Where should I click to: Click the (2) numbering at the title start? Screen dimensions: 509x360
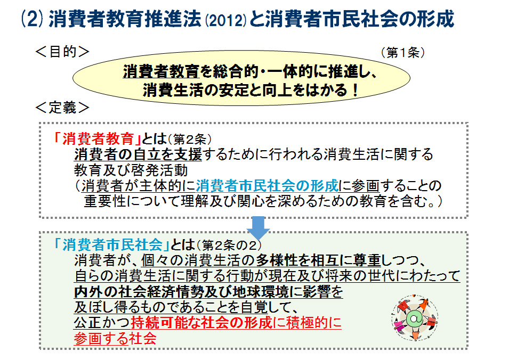click(x=32, y=19)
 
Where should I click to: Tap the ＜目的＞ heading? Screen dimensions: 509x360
click(x=62, y=52)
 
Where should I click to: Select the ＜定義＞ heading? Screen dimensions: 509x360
click(x=62, y=108)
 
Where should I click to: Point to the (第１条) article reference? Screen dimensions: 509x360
click(x=403, y=52)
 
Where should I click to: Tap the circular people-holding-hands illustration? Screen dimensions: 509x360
click(x=415, y=318)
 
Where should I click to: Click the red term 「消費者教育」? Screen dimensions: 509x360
click(x=97, y=139)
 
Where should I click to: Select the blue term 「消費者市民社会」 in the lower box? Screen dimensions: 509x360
click(x=111, y=244)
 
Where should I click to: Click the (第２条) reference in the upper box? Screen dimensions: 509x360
click(x=190, y=140)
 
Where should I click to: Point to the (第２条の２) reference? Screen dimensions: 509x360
click(x=229, y=245)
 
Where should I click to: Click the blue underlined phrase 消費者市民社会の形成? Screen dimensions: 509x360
click(x=267, y=186)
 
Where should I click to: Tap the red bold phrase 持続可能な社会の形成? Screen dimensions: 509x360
click(x=201, y=322)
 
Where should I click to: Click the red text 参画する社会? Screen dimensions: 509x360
click(x=115, y=338)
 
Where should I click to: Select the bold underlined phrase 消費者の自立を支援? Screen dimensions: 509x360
click(x=138, y=154)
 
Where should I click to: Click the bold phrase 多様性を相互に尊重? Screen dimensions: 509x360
click(x=318, y=260)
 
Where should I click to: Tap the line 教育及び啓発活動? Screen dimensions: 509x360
click(x=131, y=170)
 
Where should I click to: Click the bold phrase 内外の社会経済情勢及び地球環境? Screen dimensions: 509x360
click(x=181, y=292)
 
